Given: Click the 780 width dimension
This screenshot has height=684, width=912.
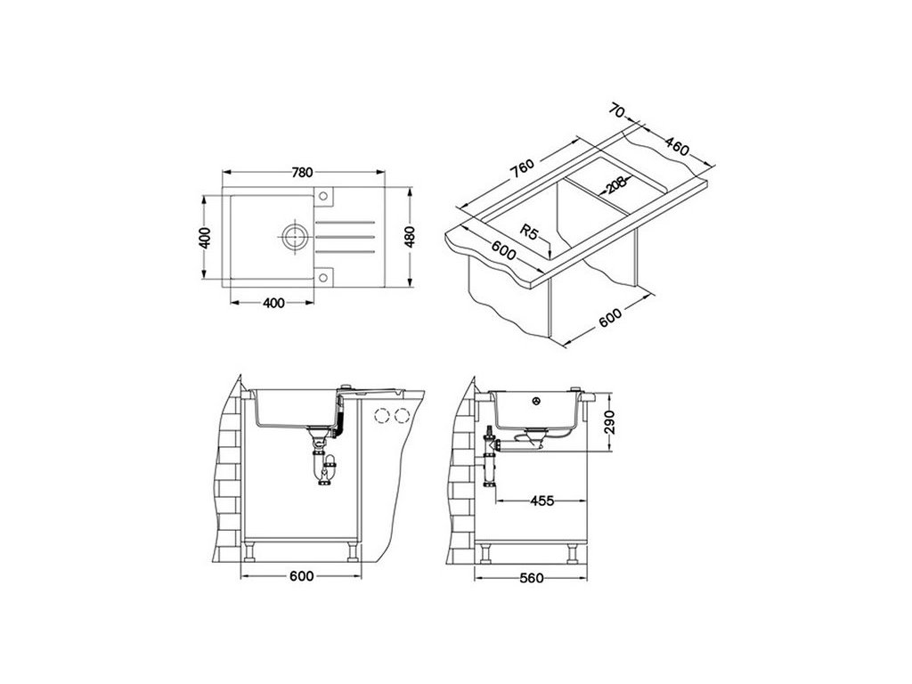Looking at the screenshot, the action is click(303, 172).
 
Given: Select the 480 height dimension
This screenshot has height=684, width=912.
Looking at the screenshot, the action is click(410, 236).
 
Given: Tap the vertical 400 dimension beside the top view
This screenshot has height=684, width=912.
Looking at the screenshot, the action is click(204, 237).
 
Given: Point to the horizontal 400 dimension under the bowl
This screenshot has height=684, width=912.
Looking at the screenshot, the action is click(273, 303).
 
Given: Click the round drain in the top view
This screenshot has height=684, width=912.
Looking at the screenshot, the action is click(295, 236).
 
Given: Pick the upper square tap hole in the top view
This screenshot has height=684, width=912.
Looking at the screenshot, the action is click(323, 196).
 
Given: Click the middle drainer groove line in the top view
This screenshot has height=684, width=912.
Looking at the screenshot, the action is click(343, 236).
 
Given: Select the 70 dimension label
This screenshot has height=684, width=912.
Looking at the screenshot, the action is click(618, 110).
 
